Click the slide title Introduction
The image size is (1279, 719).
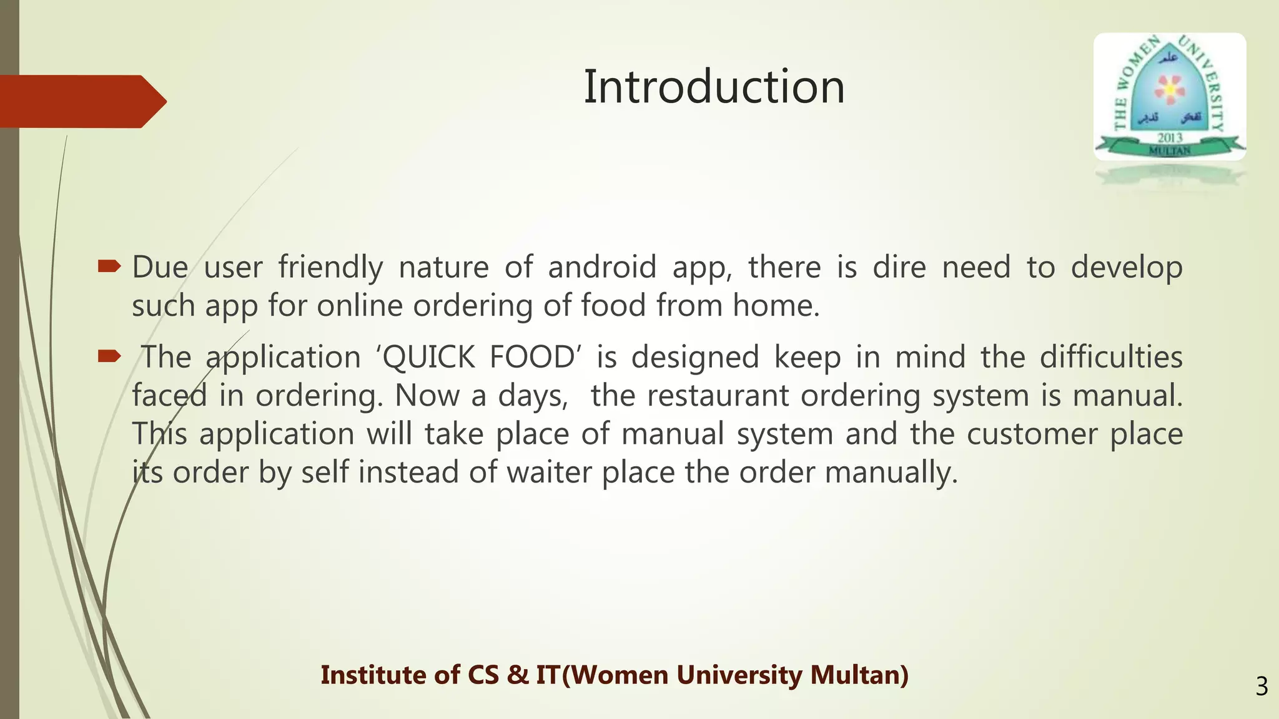point(714,87)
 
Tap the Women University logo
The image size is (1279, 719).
point(1169,97)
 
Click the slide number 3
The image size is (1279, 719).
point(1262,687)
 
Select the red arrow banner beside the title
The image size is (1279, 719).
point(81,101)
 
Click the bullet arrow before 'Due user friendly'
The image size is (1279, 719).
point(109,267)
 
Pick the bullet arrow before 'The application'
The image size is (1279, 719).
point(109,357)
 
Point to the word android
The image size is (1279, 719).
point(602,268)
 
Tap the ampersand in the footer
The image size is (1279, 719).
point(518,675)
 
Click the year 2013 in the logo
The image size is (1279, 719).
point(1170,137)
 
